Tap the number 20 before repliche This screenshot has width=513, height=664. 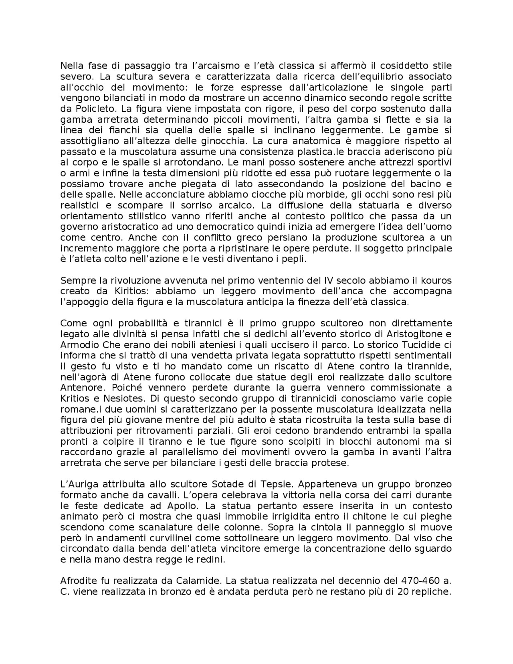(x=404, y=592)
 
